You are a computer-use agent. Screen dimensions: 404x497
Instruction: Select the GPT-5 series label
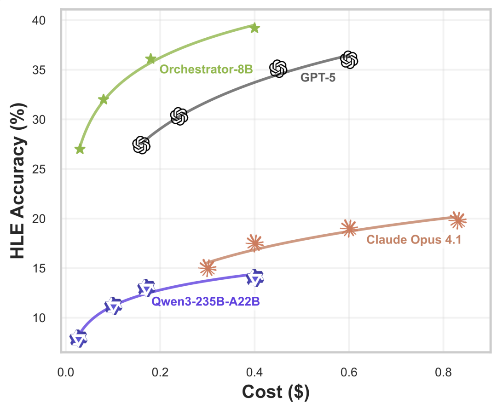318,77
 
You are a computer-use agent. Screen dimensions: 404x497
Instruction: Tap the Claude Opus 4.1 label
414,240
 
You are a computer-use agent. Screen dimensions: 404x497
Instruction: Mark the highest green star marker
254,28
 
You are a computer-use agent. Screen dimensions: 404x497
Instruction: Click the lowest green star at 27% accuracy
80,149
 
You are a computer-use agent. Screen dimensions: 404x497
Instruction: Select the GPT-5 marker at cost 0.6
349,59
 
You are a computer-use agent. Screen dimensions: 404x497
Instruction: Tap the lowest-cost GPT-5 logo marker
141,145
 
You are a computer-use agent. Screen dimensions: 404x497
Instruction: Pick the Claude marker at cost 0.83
457,220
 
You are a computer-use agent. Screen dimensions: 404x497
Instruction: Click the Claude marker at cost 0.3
207,267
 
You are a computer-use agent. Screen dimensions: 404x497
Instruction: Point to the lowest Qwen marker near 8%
79,339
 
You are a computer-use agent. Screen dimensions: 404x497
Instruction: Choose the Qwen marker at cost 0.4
254,278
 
